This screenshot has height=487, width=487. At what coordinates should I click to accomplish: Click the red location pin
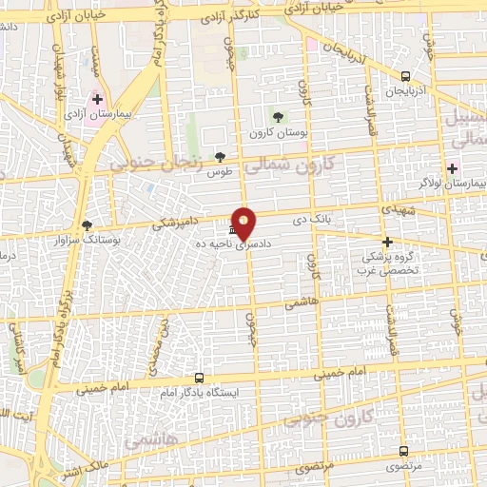(244, 222)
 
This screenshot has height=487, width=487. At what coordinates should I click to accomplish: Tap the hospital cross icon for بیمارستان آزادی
(98, 98)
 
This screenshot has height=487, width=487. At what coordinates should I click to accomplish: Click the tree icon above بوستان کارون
(278, 117)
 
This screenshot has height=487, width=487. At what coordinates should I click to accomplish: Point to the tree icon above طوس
(221, 157)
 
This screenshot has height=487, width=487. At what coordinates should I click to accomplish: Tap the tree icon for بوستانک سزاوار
(88, 225)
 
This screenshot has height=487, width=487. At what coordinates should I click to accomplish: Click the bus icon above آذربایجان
(406, 76)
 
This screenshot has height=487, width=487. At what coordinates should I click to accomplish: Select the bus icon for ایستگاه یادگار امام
(199, 378)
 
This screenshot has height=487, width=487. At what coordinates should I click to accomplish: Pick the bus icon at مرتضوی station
(404, 451)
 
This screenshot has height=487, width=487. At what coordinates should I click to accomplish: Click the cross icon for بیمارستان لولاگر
(452, 168)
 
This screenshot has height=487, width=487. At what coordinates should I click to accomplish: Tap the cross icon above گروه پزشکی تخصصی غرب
(387, 242)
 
